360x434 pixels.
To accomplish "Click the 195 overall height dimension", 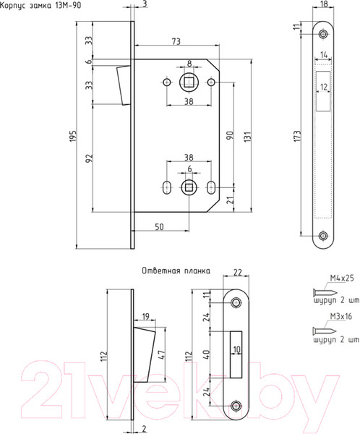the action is pos(72,136).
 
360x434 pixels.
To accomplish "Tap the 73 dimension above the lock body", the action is pos(176,41).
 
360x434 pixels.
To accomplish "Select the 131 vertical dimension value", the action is pos(248,137).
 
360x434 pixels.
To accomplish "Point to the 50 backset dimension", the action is pos(159,227).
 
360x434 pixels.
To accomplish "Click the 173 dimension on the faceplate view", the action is pos(297,136).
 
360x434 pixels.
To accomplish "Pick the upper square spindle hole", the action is pos(189,82).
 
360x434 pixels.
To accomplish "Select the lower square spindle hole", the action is pos(189,187).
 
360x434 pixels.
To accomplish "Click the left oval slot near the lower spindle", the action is pos(166,187).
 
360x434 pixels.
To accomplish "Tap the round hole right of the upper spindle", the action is pos(211,82).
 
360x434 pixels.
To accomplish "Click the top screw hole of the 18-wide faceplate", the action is pos(323,34).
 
